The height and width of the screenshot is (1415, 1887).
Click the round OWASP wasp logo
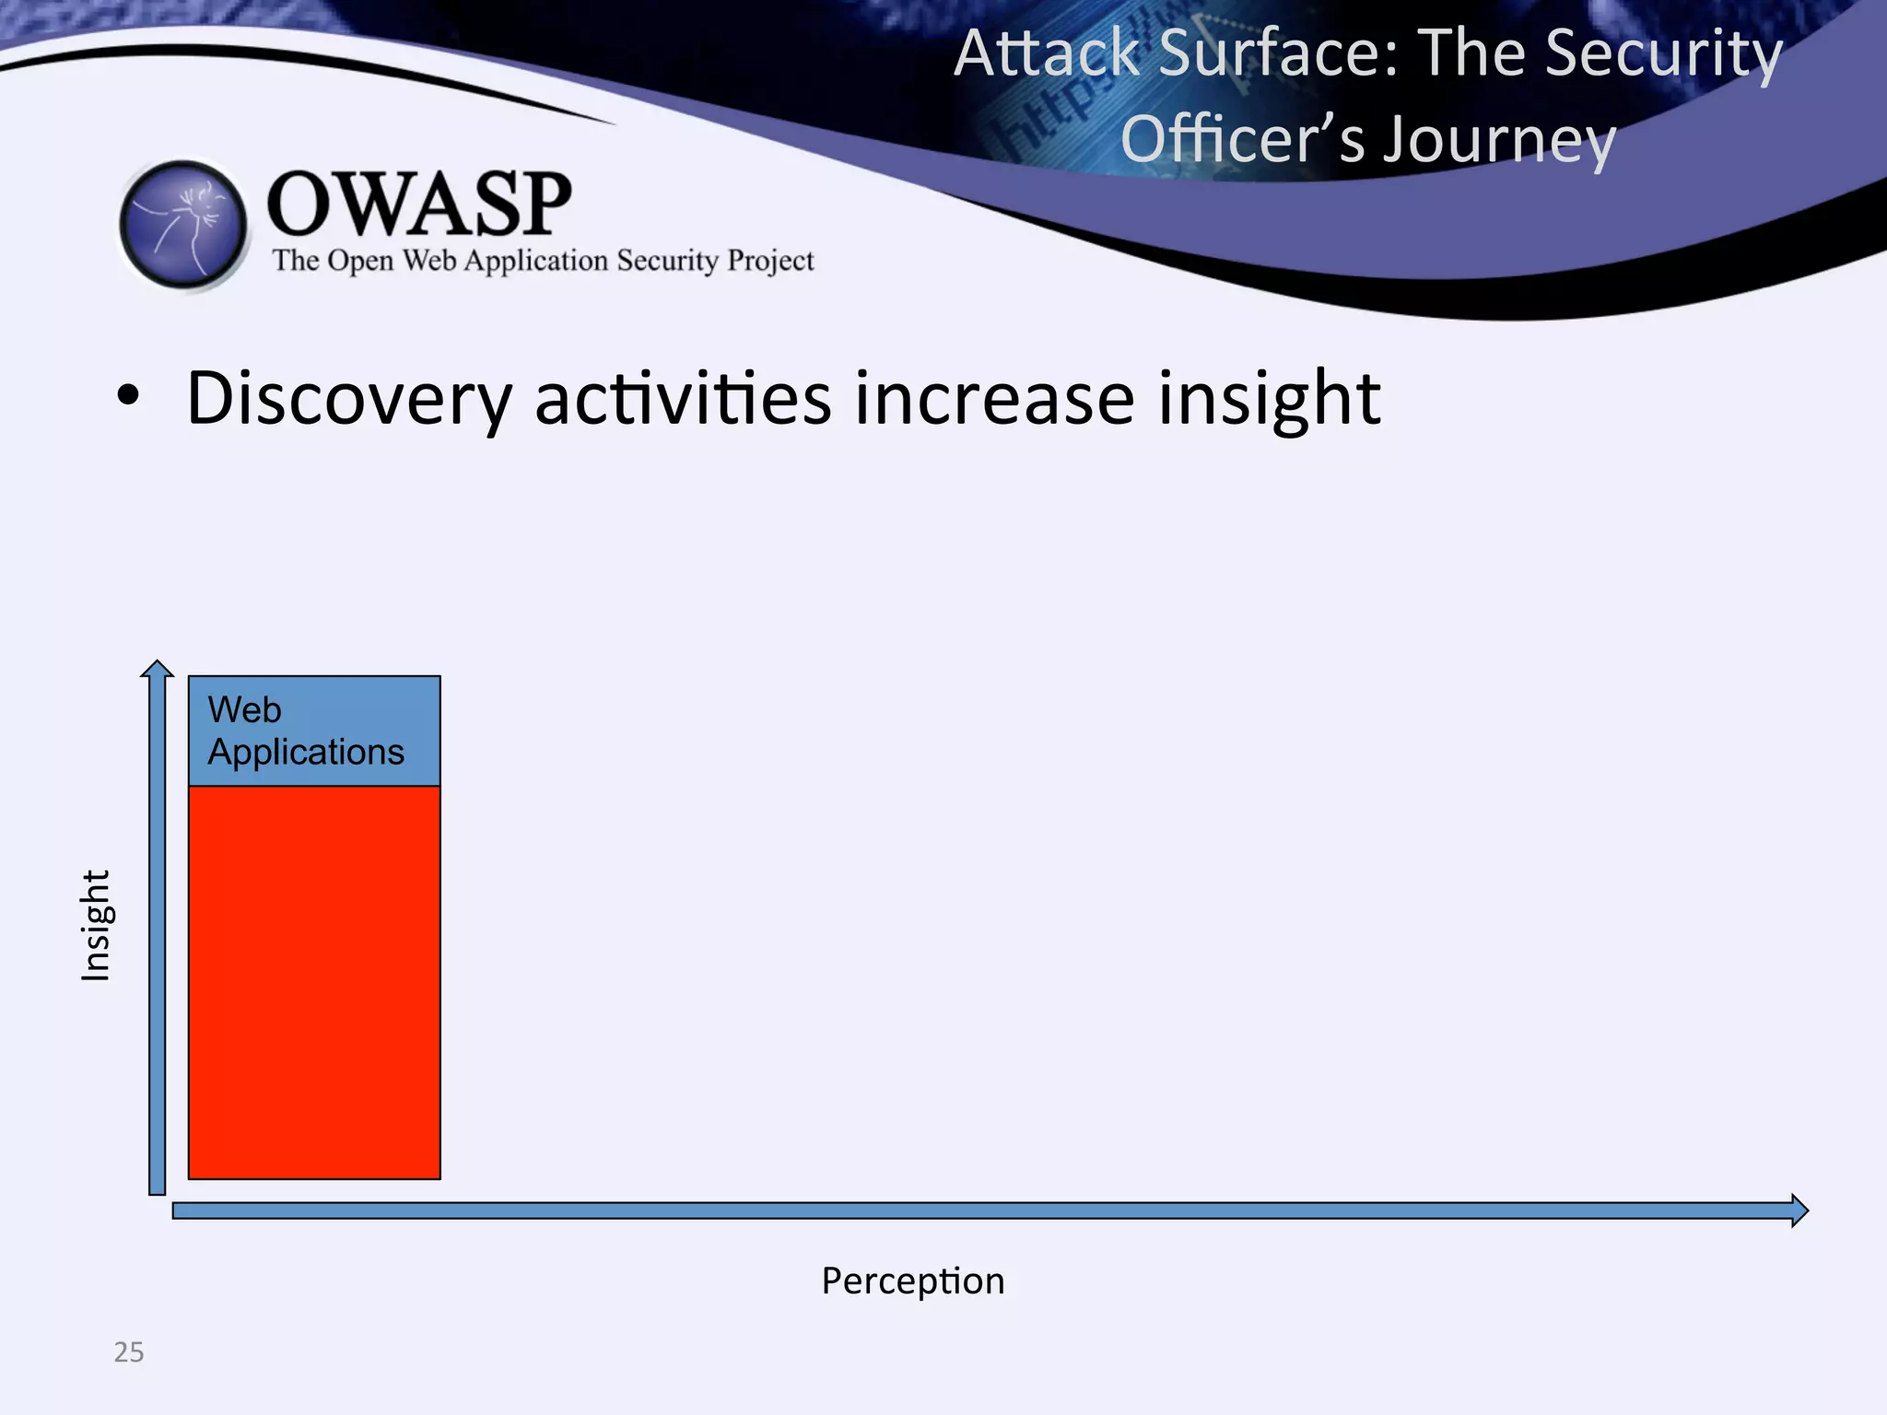tap(183, 225)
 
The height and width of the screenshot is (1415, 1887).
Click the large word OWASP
tap(419, 204)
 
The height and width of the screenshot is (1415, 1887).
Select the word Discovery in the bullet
tap(348, 399)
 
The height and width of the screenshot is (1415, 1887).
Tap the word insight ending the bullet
tap(1269, 399)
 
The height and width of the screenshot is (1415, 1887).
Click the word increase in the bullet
tap(994, 399)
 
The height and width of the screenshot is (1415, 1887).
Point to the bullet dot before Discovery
tap(128, 397)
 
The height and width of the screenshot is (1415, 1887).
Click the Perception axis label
tap(912, 1281)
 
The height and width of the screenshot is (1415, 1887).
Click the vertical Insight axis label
tap(96, 925)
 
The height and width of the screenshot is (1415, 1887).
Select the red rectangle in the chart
tap(314, 982)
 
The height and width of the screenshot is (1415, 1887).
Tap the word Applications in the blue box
tap(306, 753)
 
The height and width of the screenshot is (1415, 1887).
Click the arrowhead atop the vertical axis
tap(158, 669)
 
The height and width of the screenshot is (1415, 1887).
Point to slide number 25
tap(129, 1351)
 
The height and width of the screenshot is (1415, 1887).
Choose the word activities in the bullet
tap(683, 399)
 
